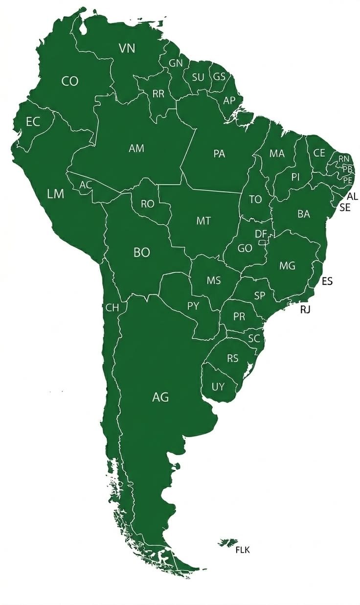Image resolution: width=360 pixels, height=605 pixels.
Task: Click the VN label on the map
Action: pyautogui.click(x=127, y=48)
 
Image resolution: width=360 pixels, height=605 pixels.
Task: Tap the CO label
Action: pyautogui.click(x=70, y=81)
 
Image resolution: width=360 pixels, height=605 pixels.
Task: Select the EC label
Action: pyautogui.click(x=33, y=122)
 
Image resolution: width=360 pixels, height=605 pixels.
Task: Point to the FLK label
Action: pyautogui.click(x=243, y=550)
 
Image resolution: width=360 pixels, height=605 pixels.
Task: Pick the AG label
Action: pyautogui.click(x=160, y=397)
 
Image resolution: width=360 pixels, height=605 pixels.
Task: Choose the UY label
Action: pyautogui.click(x=218, y=387)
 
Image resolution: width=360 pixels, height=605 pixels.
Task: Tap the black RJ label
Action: pyautogui.click(x=306, y=309)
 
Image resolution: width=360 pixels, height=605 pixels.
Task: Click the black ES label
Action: pyautogui.click(x=327, y=281)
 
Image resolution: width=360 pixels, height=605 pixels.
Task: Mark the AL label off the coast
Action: pyautogui.click(x=352, y=196)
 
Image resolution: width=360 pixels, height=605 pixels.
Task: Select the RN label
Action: pyautogui.click(x=344, y=159)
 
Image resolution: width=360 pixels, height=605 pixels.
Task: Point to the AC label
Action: pyautogui.click(x=86, y=185)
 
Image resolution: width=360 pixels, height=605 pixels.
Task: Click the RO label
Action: pyautogui.click(x=147, y=204)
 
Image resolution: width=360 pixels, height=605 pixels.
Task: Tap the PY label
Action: pyautogui.click(x=193, y=306)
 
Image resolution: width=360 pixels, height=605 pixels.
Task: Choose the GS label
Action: pyautogui.click(x=220, y=77)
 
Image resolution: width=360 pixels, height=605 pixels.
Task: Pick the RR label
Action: pyautogui.click(x=158, y=94)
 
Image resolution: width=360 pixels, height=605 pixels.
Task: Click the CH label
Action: pyautogui.click(x=112, y=307)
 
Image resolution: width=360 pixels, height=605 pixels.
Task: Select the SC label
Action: pyautogui.click(x=253, y=338)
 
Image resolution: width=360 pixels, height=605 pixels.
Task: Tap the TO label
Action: pyautogui.click(x=255, y=199)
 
